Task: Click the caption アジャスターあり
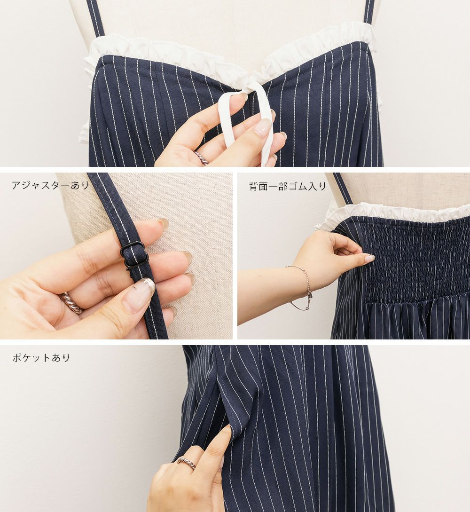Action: click(x=51, y=185)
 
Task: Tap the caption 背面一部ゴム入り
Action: click(x=288, y=186)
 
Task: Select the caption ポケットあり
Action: click(x=41, y=357)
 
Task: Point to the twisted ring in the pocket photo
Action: click(x=187, y=462)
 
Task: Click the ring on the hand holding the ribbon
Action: click(x=201, y=158)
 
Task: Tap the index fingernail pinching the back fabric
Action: click(x=368, y=257)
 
